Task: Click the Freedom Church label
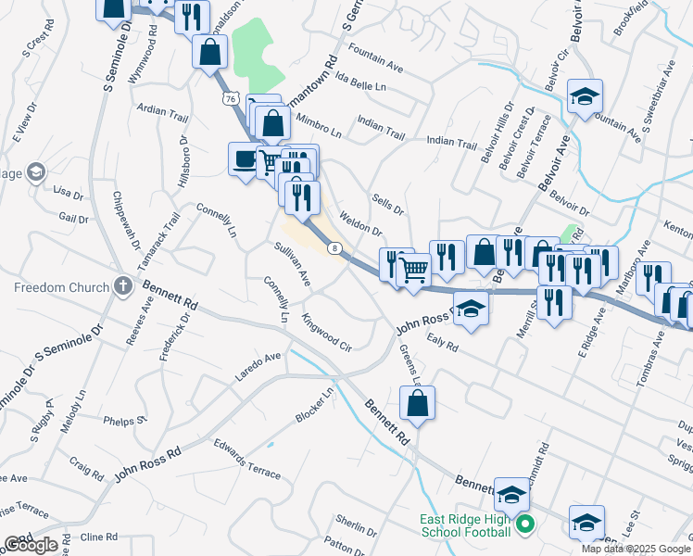tap(62, 287)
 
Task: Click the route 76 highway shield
tap(231, 97)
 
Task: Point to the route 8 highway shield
tap(335, 247)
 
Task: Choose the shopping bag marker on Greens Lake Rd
tap(417, 403)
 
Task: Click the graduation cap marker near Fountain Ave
tap(585, 96)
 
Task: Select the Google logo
tap(31, 545)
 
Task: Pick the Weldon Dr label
tap(361, 223)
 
